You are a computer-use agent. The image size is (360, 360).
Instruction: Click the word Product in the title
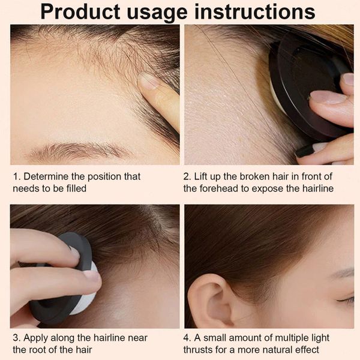(80, 12)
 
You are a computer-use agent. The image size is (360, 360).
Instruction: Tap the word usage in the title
(157, 13)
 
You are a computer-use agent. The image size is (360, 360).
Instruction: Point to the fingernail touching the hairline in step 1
(149, 80)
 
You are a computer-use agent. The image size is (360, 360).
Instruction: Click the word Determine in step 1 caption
(46, 176)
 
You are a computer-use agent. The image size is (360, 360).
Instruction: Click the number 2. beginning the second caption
(187, 177)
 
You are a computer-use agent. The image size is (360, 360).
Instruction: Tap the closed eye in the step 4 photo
(346, 299)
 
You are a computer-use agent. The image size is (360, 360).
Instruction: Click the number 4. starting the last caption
(187, 338)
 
